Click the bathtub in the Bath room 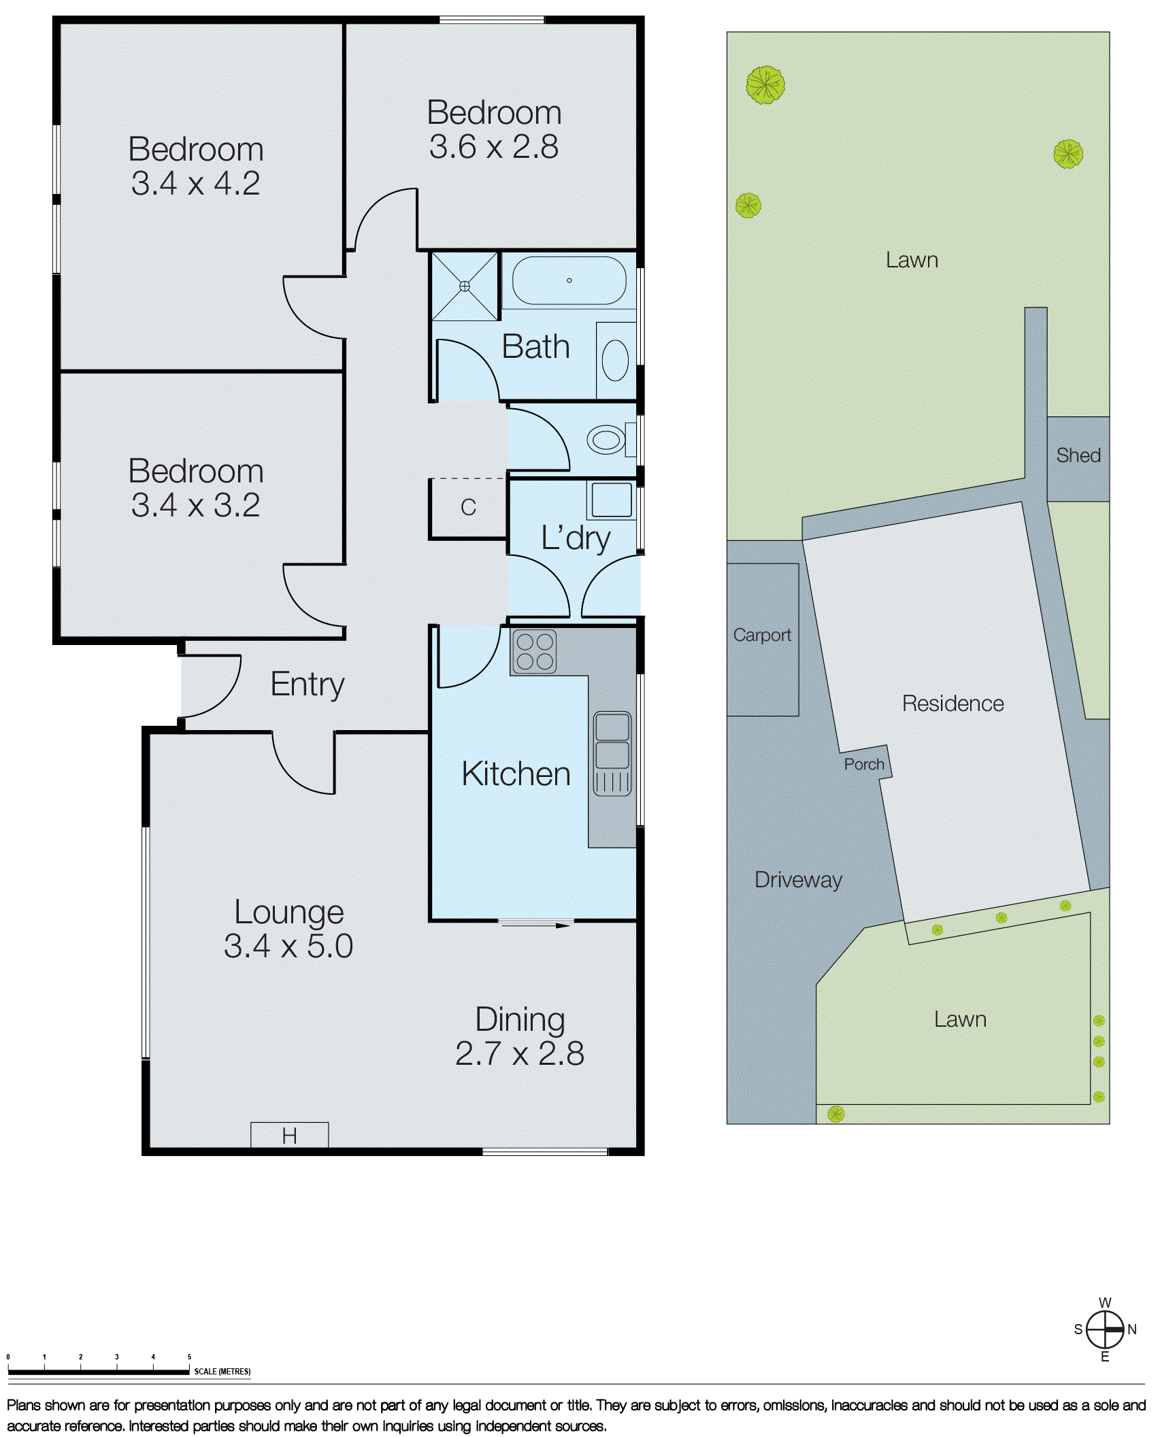[x=569, y=280]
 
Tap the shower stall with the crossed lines [x=465, y=286]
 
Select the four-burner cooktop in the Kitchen [x=534, y=652]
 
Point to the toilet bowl [x=606, y=440]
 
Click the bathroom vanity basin [x=615, y=361]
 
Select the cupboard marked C [x=468, y=508]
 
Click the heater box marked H [x=290, y=1135]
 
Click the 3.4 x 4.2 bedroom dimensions [x=196, y=184]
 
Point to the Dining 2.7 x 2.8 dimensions [x=520, y=1054]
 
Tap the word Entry [x=308, y=684]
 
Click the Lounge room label [x=289, y=912]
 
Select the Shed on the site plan [x=1078, y=456]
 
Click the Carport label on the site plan [x=762, y=635]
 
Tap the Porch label [x=864, y=764]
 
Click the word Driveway [x=799, y=880]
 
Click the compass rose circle [x=1104, y=1329]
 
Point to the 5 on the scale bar [x=189, y=1357]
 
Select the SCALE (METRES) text [x=222, y=1372]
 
